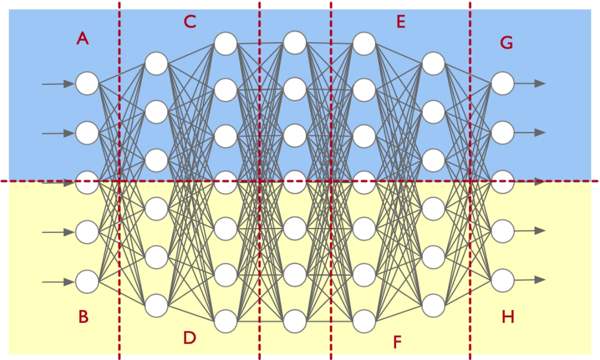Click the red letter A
pos(83,38)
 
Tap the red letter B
pos(83,316)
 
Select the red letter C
pos(190,22)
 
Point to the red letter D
pos(190,338)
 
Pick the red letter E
pos(400,22)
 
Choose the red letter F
pos(397,342)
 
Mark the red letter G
pos(507,43)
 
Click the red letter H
pos(508,316)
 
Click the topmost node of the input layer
pos(87,83)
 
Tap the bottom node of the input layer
pos(87,281)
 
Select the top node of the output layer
pos(503,83)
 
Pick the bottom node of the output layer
pos(503,280)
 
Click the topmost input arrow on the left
pos(58,84)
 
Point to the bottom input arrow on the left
pos(58,281)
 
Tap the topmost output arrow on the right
pos(530,83)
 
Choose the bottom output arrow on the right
pos(530,280)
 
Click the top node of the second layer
pos(156,63)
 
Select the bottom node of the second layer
pos(156,305)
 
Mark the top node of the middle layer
pos(295,42)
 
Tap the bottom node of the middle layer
pos(295,321)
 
